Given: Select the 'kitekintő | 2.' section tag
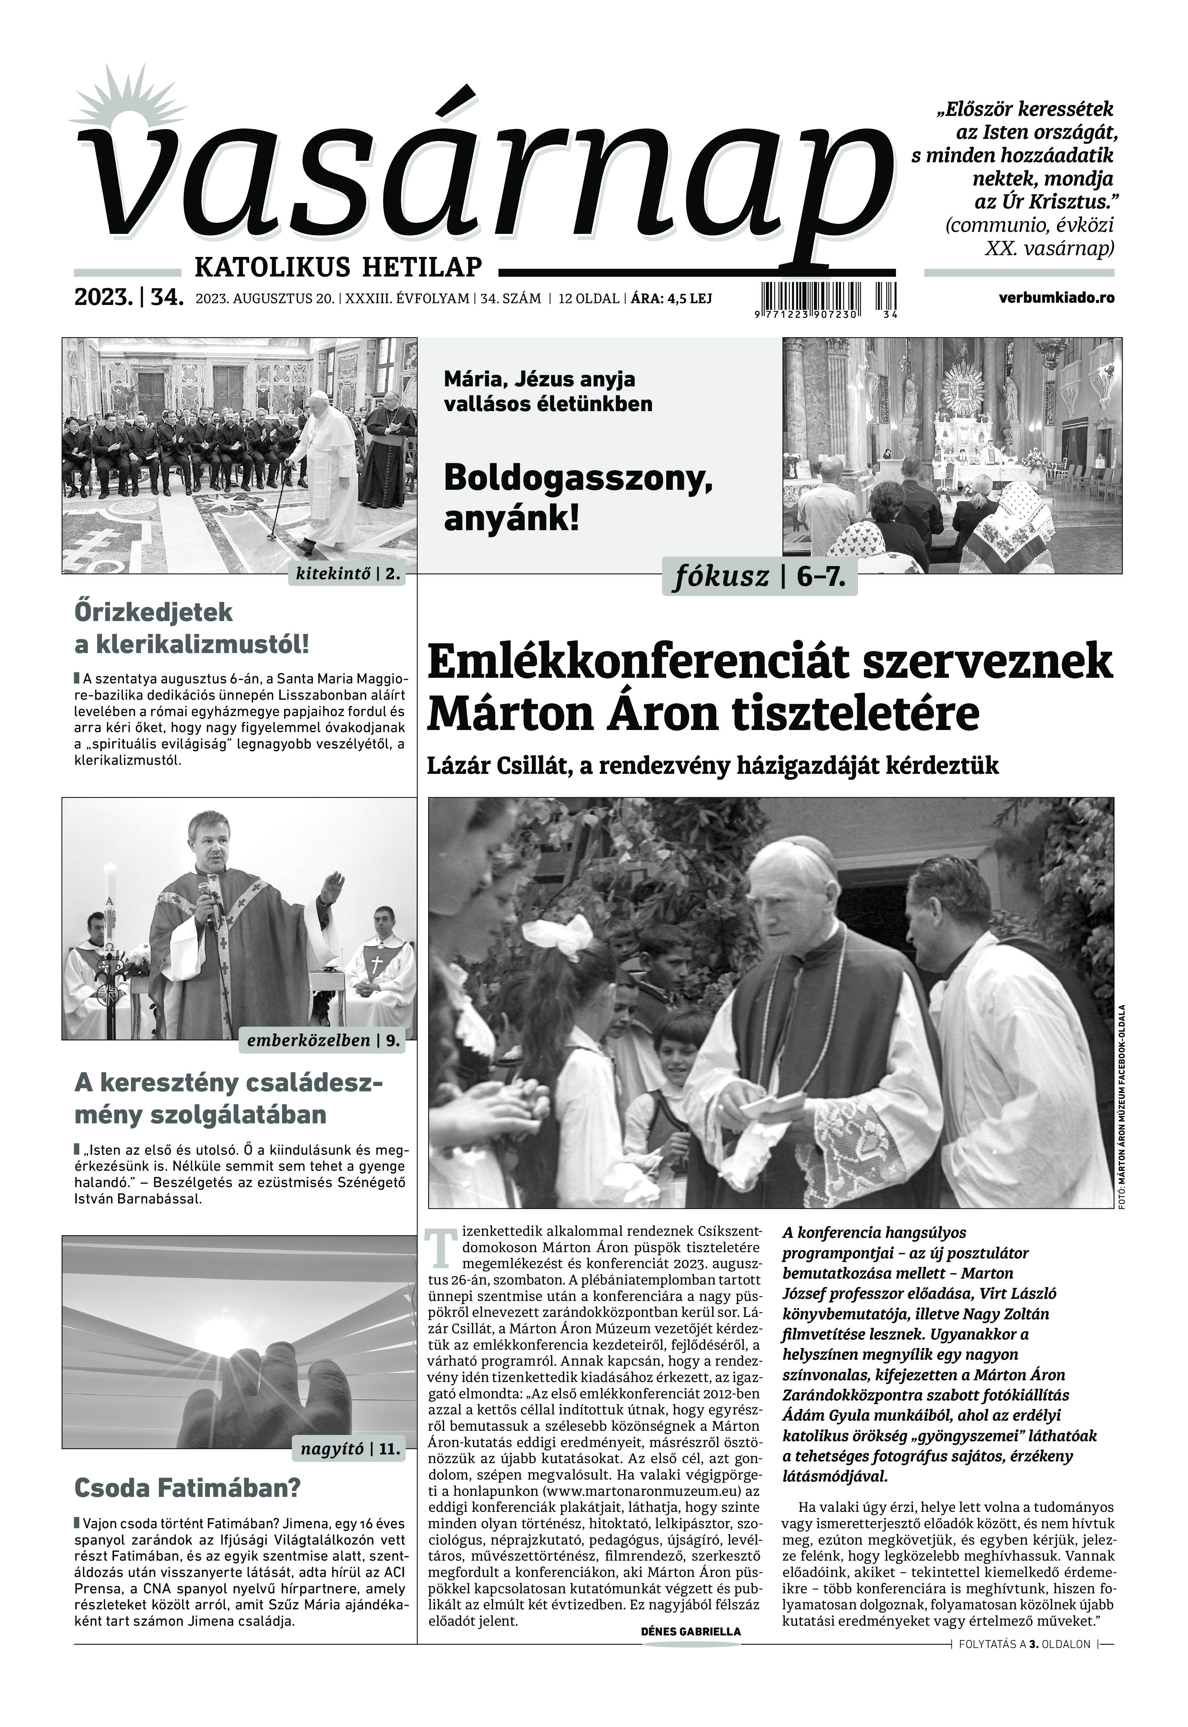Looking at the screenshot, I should tap(348, 575).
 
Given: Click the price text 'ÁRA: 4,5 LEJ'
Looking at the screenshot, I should tap(671, 298).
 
